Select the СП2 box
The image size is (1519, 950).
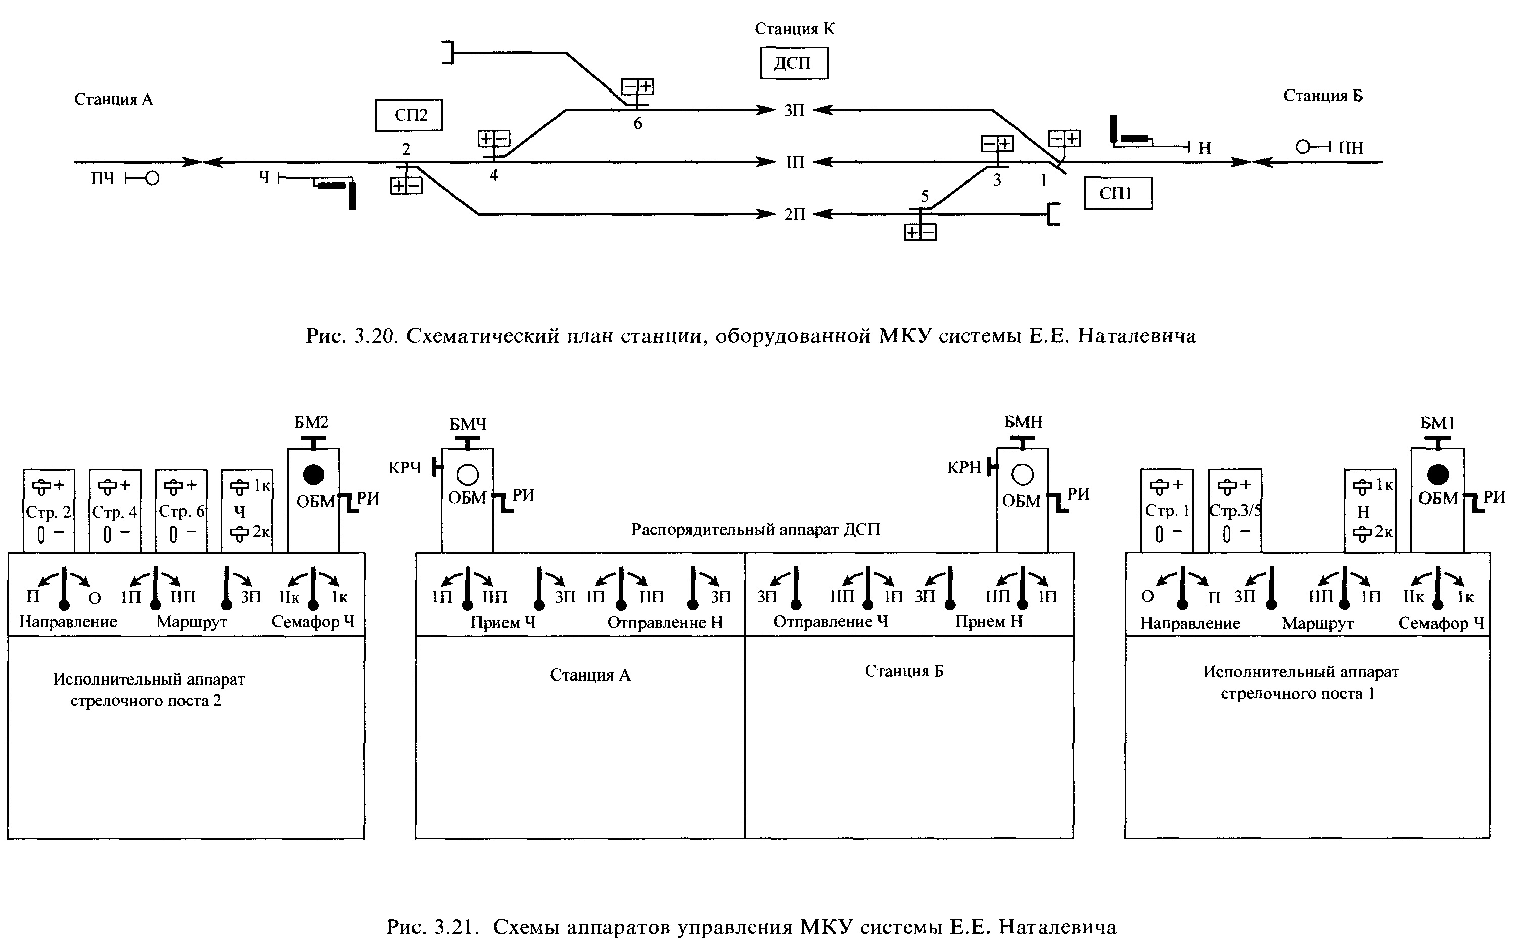coord(409,115)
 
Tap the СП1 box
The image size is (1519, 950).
coord(1118,193)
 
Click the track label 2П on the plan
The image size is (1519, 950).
coord(794,215)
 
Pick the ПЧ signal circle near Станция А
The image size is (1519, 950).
coord(152,178)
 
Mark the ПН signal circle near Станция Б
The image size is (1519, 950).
coord(1303,147)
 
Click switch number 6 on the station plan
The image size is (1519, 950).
coord(637,124)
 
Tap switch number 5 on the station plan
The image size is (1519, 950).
coord(925,196)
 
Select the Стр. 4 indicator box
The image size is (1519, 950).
coord(115,511)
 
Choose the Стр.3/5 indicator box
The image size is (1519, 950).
coord(1234,511)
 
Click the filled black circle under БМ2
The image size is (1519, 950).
coord(313,475)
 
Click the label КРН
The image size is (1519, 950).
coord(963,468)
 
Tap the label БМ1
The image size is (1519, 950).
coord(1437,423)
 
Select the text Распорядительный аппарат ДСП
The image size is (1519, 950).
coord(755,530)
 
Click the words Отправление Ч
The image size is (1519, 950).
coord(831,621)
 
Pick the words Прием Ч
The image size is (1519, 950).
coord(502,623)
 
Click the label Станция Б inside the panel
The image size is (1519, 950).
coord(904,671)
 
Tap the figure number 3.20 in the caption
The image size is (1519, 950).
coord(375,336)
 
